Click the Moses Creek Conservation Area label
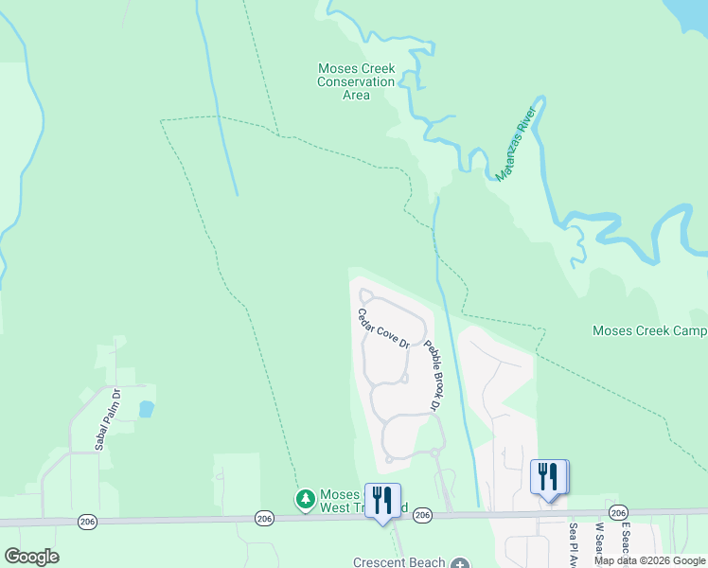pyautogui.click(x=356, y=81)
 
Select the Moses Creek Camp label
pyautogui.click(x=649, y=330)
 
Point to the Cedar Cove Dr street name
pyautogui.click(x=382, y=328)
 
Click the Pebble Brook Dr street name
pyautogui.click(x=433, y=375)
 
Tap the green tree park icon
pyautogui.click(x=305, y=499)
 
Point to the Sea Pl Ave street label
pyautogui.click(x=573, y=542)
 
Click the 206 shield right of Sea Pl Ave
pyautogui.click(x=618, y=512)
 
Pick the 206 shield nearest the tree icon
pyautogui.click(x=264, y=518)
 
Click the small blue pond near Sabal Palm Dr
pyautogui.click(x=146, y=409)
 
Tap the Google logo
pyautogui.click(x=31, y=557)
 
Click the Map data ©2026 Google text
pyautogui.click(x=649, y=560)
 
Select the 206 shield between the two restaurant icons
pyautogui.click(x=422, y=515)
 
